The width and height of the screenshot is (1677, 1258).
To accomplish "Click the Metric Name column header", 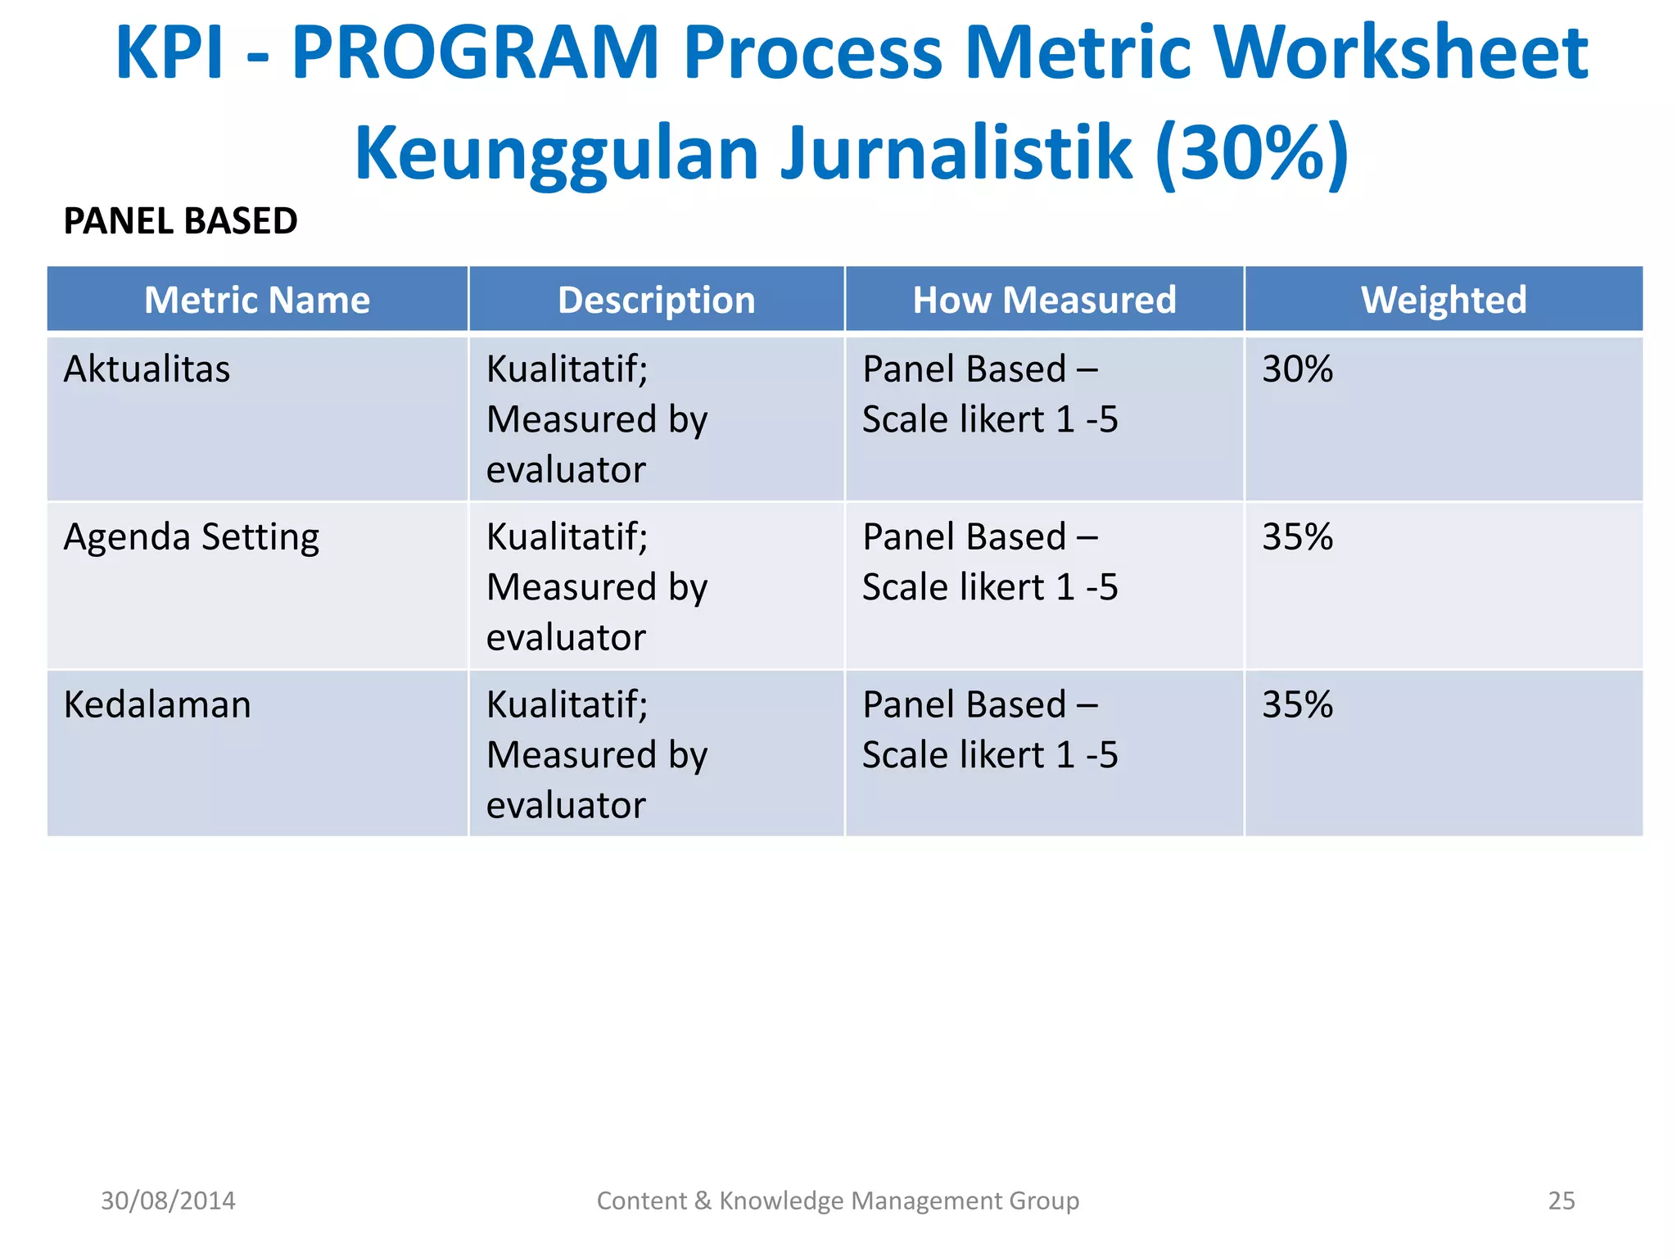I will point(257,300).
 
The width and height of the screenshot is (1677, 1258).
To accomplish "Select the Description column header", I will point(656,300).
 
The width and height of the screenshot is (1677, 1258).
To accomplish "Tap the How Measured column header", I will point(1044,300).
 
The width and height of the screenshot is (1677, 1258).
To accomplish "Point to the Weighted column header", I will point(1443,300).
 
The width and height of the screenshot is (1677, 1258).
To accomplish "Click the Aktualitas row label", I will point(147,369).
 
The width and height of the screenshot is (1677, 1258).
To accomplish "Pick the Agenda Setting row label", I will point(192,538).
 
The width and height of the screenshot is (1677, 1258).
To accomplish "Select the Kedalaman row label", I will point(157,704).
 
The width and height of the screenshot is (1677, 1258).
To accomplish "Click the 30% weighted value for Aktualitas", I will point(1297,369).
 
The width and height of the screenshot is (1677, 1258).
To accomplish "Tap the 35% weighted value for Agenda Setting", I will point(1297,537).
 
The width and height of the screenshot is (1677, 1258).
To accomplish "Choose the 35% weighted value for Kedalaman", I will point(1297,704).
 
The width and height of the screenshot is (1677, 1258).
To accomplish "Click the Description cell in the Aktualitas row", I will point(596,419).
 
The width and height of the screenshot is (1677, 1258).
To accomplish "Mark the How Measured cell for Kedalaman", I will point(989,730).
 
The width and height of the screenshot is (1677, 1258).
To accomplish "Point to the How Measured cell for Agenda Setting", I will point(989,562).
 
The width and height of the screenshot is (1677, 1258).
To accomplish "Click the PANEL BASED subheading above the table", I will point(180,221).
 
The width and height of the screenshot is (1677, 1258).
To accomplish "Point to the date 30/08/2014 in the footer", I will point(168,1201).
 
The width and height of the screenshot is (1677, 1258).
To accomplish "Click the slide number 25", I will point(1561,1201).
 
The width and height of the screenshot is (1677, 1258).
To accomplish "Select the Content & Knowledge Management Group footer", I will point(838,1201).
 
